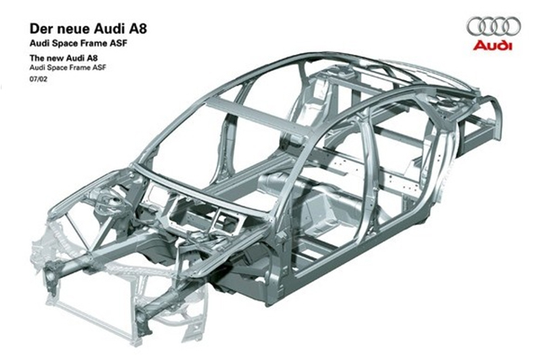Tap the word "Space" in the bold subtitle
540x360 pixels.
point(59,44)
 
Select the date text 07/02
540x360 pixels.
point(38,79)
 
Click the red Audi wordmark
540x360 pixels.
point(493,46)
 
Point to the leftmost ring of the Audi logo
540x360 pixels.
point(477,26)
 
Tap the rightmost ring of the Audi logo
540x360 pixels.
point(511,26)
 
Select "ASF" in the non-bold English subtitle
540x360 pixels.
point(100,67)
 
